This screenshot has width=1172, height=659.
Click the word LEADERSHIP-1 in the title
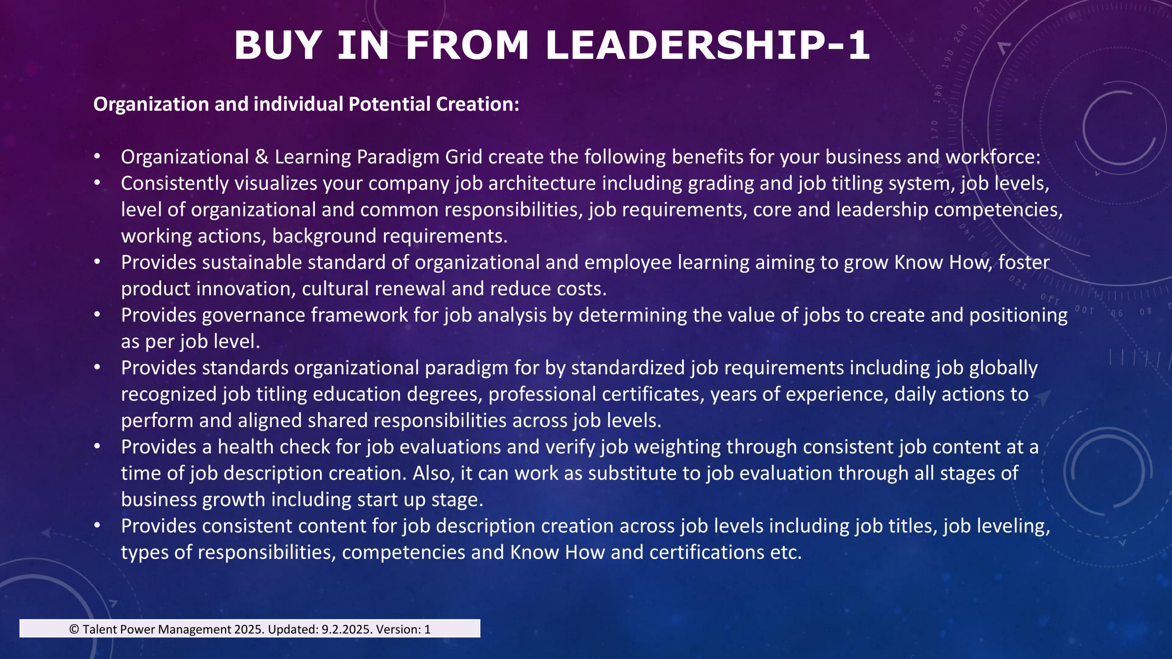(707, 45)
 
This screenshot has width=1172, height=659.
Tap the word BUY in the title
(278, 45)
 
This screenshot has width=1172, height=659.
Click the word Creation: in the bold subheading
(477, 104)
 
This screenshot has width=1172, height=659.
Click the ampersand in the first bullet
(261, 157)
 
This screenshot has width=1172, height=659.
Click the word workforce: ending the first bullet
(993, 157)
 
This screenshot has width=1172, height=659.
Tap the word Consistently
(175, 184)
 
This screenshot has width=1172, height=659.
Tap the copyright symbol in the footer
(74, 630)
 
